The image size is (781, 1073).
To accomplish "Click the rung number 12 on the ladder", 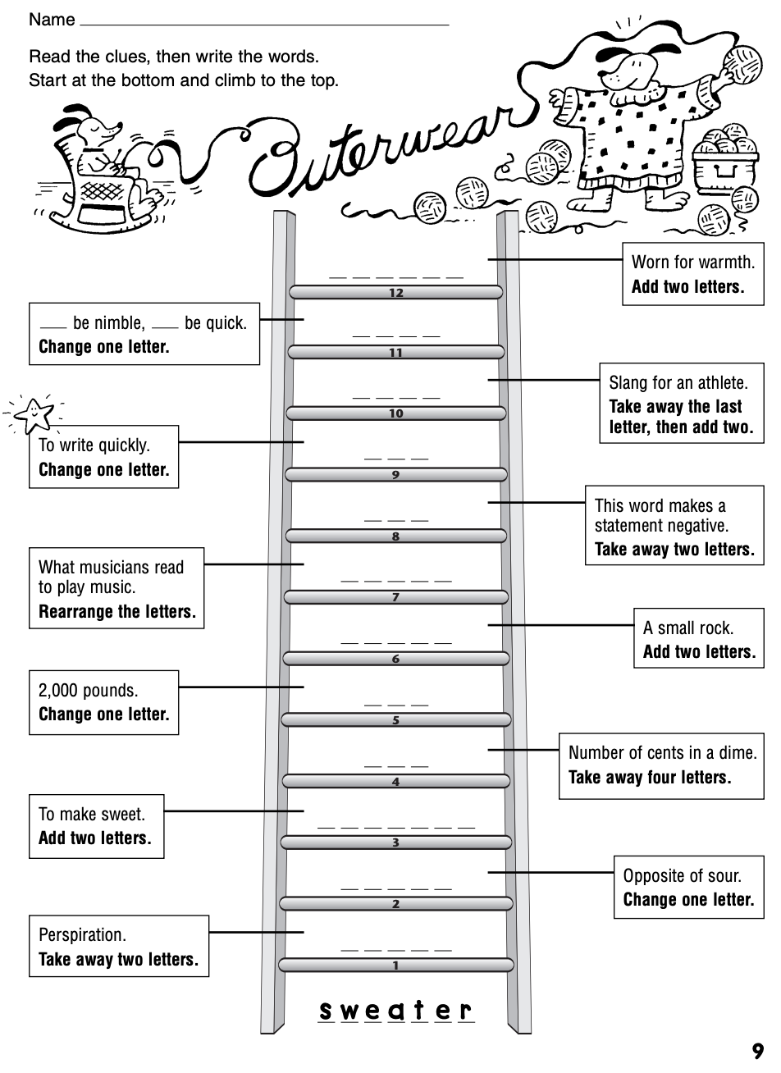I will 396,293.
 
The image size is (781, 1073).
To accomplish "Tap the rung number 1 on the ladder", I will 395,966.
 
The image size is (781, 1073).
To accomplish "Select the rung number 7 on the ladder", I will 395,597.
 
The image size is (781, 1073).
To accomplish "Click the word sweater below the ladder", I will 396,1010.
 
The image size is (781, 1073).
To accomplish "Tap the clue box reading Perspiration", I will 118,947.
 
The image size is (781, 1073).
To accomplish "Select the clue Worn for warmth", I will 692,274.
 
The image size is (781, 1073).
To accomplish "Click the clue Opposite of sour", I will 687,887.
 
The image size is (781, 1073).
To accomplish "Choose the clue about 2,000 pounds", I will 103,702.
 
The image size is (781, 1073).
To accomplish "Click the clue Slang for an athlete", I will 681,404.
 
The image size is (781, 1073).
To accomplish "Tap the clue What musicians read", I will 116,588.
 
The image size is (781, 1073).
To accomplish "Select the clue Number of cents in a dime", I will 661,764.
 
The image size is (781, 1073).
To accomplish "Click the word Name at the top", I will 52,19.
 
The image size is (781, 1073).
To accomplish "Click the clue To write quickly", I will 103,457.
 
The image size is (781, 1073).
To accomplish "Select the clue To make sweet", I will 96,826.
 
